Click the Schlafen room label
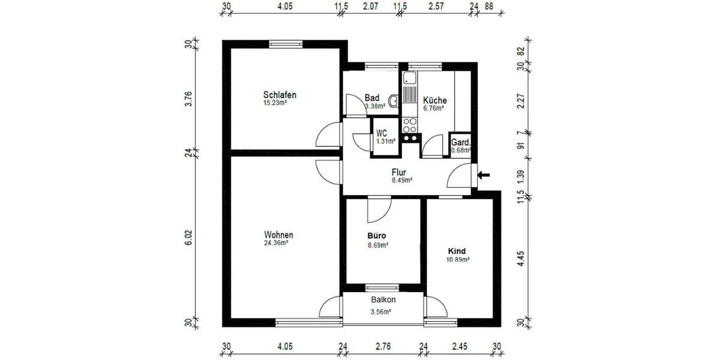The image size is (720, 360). point(280,95)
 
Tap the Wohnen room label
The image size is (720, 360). point(278,235)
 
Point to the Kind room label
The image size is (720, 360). point(457,251)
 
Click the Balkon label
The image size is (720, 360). point(383,299)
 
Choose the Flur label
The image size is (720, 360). point(399,172)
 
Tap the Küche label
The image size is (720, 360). point(434,100)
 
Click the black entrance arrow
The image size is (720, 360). point(484,175)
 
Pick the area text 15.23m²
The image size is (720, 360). point(275,103)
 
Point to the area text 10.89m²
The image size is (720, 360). point(457,260)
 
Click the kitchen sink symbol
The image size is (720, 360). point(410,77)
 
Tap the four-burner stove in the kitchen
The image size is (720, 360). point(410,125)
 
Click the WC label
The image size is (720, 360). point(382,133)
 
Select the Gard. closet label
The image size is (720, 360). point(461,143)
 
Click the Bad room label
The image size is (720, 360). point(372,98)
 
